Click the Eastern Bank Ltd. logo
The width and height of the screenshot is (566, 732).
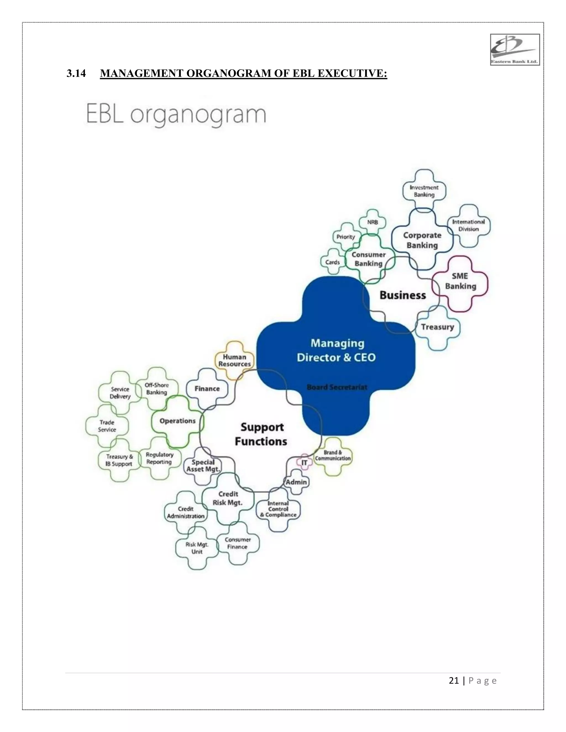coord(515,50)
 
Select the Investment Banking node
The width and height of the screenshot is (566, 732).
coord(424,191)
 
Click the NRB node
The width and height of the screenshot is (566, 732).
coord(372,222)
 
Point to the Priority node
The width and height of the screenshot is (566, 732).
coord(346,237)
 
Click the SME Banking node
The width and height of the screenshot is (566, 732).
coord(460,281)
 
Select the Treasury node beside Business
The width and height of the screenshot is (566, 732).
coord(437,327)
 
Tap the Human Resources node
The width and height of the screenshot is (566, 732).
coord(234,360)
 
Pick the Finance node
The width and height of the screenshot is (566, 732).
coord(207,389)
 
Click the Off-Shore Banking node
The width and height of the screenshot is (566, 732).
coord(157,389)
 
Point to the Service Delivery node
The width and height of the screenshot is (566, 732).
coord(120,393)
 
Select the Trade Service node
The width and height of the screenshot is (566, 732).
coord(107,426)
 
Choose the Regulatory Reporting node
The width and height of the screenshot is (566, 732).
coord(160,458)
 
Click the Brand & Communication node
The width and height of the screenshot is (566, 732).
coord(333,456)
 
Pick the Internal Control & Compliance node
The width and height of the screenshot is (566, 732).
coord(278,509)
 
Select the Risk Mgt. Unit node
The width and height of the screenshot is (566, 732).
coord(197,548)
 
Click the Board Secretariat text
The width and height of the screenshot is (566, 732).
coord(337,387)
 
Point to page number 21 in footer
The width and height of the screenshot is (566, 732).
coord(454,681)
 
